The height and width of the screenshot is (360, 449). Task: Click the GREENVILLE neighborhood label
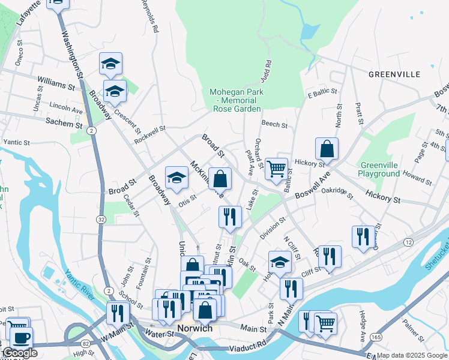pos(394,74)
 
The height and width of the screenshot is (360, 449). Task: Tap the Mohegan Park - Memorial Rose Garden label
pos(237,100)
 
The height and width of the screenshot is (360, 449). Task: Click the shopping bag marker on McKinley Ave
pos(220,178)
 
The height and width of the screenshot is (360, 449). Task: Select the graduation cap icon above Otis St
pos(176,177)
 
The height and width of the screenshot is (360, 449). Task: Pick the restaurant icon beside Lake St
pos(230,217)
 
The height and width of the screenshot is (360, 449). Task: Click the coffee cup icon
pos(21,337)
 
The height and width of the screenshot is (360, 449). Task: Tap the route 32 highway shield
pos(101,220)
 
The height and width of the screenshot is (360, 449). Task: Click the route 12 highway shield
pos(408,242)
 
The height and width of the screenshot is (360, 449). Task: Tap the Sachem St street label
pos(63,122)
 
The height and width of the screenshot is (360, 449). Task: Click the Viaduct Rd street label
pos(245,345)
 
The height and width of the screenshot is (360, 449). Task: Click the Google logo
pos(20,353)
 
